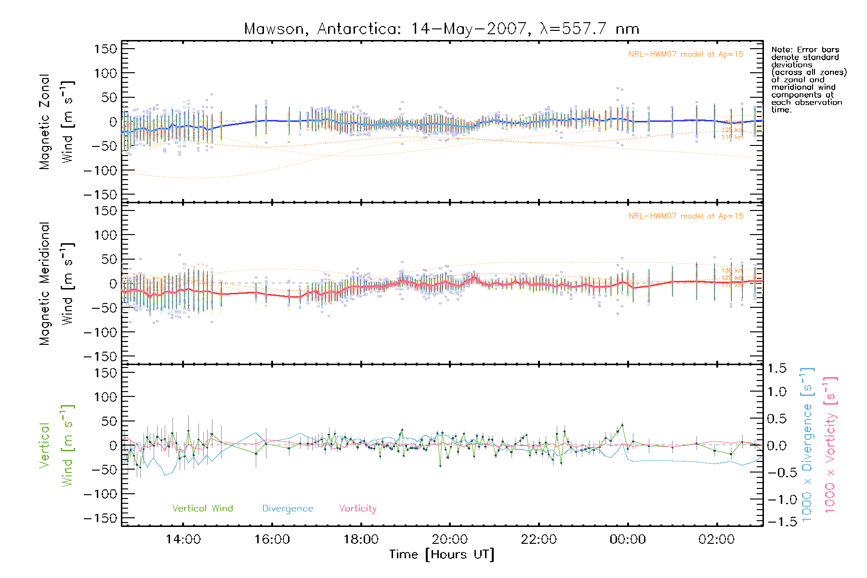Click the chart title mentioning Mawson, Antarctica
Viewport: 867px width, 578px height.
(442, 29)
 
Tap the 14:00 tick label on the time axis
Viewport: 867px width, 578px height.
(183, 539)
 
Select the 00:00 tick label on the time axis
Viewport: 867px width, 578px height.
(628, 539)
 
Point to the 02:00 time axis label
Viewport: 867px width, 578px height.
(716, 539)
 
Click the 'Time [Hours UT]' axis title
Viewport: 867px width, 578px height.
(442, 555)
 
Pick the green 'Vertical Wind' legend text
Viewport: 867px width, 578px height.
(202, 509)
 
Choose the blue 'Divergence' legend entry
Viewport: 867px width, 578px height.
(288, 509)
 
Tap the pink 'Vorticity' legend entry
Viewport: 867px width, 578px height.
(357, 509)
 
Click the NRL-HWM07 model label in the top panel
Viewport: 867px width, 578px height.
(686, 54)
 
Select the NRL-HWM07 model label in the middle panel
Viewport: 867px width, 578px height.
(686, 216)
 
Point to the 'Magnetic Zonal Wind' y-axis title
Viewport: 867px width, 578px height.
(57, 122)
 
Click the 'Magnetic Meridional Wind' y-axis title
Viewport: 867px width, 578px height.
(57, 284)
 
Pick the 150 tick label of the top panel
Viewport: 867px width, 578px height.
(105, 49)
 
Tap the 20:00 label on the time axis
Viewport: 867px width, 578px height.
(449, 539)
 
